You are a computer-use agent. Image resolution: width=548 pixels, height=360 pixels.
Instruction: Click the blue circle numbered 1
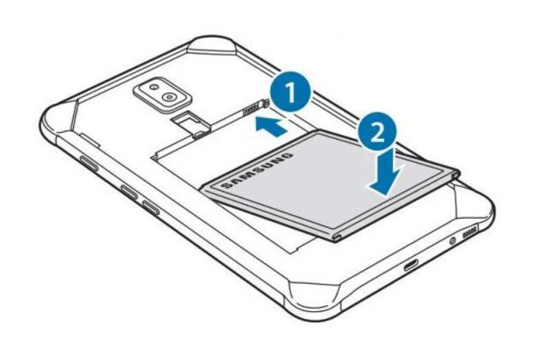(x=291, y=92)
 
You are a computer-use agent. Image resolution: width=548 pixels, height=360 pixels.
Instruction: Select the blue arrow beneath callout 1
(x=271, y=126)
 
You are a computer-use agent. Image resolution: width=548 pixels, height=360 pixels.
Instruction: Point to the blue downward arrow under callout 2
(x=383, y=171)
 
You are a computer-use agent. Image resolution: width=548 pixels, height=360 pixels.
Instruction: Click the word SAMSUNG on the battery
(x=256, y=171)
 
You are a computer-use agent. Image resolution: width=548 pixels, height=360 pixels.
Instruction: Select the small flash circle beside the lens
(x=153, y=86)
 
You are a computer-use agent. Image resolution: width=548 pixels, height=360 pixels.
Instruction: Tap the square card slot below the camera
(x=190, y=122)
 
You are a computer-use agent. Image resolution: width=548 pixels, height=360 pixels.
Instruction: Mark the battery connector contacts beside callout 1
(x=253, y=108)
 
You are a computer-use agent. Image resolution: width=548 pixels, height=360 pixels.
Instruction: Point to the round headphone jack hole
(x=453, y=240)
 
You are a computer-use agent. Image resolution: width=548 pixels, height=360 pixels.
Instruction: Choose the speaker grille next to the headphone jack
(x=469, y=232)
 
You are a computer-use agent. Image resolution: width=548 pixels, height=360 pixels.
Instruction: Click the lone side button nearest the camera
(x=88, y=164)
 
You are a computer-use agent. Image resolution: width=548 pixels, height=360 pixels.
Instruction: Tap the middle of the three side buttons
(x=132, y=193)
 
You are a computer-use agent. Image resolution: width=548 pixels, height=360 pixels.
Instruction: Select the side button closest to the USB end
(x=151, y=207)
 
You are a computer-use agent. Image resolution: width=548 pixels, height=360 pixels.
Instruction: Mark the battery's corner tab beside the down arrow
(x=455, y=174)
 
